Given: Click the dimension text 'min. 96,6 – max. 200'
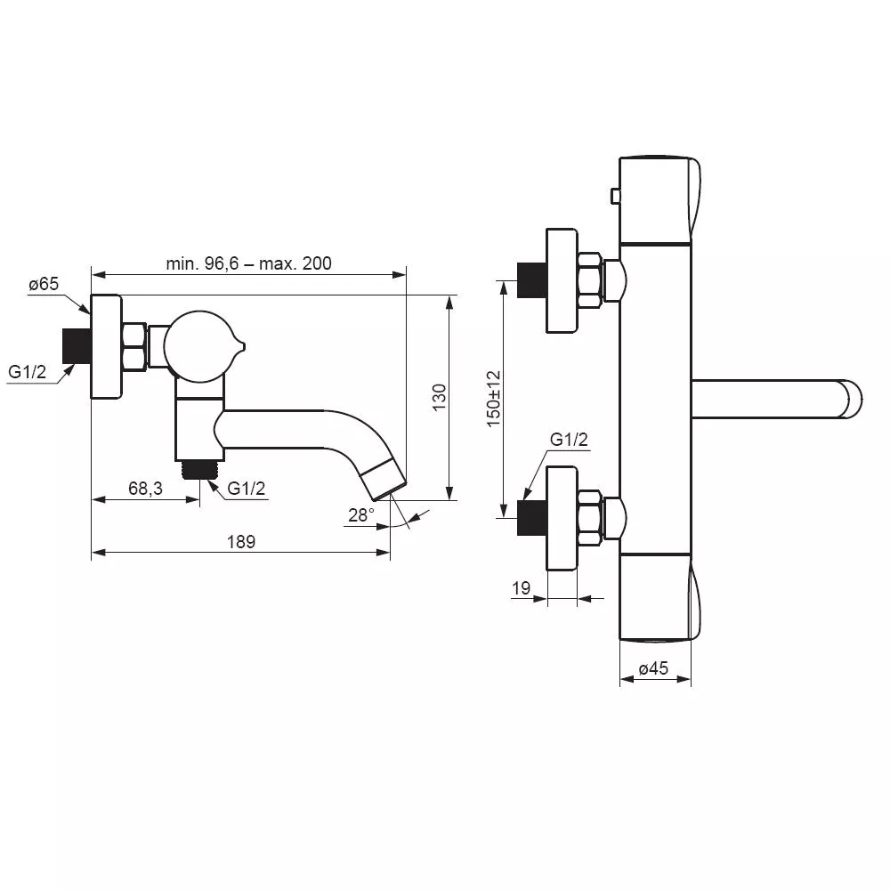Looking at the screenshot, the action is pos(248,263).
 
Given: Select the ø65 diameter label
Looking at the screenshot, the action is pos(44,284).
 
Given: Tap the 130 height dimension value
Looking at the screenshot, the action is pos(440,397).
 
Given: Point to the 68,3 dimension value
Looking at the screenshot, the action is pos(145,488).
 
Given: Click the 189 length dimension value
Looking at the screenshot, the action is pos(241,541).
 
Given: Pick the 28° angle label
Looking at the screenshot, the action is pos(361,514).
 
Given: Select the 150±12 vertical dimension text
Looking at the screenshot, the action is pos(493,399).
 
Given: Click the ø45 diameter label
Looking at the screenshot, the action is pos(653,668).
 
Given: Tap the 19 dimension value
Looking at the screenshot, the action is pos(521,588).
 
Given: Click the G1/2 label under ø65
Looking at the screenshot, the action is pos(27,372).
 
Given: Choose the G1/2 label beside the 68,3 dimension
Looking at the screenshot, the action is pos(246,488).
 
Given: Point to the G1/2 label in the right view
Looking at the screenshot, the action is pos(569,440).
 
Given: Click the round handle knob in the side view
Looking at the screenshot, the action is pos(198,345).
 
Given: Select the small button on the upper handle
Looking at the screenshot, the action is pos(615,197).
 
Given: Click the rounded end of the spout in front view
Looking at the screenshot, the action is pos(852,399).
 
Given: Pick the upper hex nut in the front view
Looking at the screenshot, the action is pos(590,281).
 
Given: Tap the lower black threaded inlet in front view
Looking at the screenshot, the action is pos(532,518).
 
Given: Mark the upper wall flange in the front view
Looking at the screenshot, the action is pos(562,280).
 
